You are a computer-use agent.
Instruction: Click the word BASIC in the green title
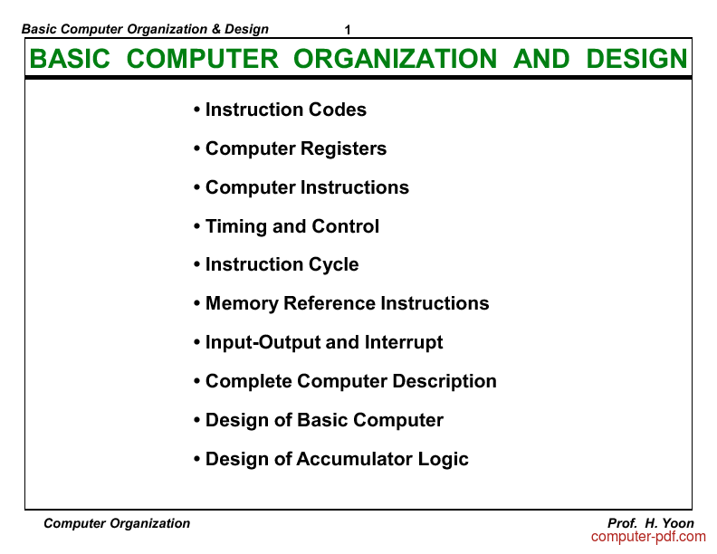tap(70, 59)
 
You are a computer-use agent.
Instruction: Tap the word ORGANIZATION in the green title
tap(395, 59)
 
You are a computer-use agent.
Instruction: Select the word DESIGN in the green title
tap(637, 59)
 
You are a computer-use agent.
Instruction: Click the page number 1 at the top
tap(348, 30)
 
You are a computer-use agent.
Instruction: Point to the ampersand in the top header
tap(215, 29)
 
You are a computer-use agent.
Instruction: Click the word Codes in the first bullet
tap(338, 110)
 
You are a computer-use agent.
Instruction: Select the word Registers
tap(343, 149)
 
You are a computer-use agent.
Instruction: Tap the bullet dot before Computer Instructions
tap(197, 187)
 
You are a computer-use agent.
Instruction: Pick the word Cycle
tap(334, 265)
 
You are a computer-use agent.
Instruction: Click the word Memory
tap(242, 304)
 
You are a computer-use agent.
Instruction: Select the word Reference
tap(330, 303)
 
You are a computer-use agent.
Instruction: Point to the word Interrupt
tap(404, 342)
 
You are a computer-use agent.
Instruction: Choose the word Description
tap(445, 382)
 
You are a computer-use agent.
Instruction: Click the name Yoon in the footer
tap(678, 523)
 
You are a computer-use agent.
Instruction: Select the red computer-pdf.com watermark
tap(648, 537)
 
